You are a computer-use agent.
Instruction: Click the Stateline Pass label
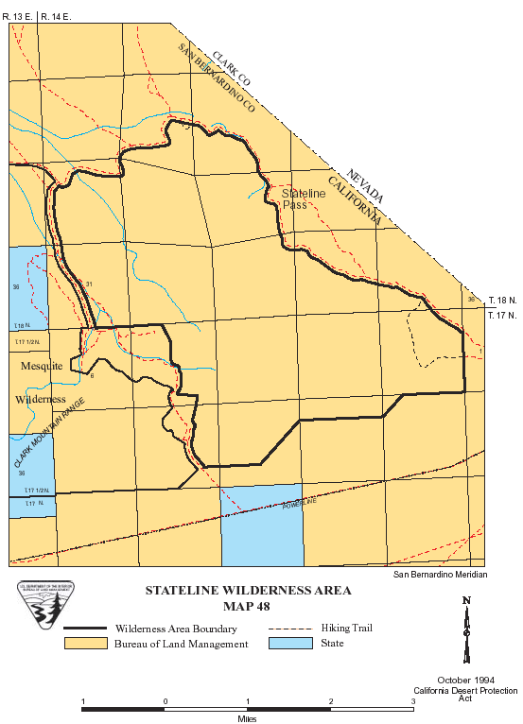pyautogui.click(x=304, y=198)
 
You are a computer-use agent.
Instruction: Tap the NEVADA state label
pyautogui.click(x=365, y=186)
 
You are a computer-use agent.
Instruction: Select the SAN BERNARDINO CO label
pyautogui.click(x=217, y=83)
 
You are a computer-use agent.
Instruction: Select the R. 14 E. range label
pyautogui.click(x=56, y=17)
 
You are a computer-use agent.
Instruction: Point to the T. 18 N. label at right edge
pyautogui.click(x=502, y=301)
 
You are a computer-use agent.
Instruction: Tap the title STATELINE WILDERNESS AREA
pyautogui.click(x=248, y=591)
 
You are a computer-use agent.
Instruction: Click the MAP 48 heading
pyautogui.click(x=247, y=606)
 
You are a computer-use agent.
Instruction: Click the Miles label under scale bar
pyautogui.click(x=248, y=718)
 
